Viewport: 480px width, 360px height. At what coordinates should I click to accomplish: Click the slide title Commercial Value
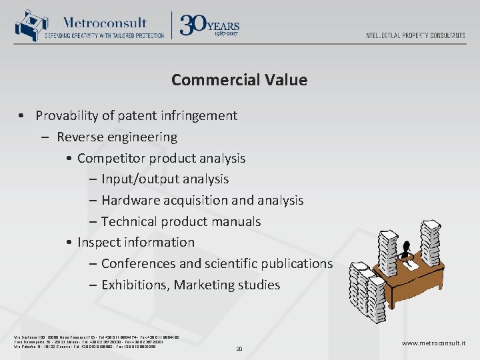pos(239,80)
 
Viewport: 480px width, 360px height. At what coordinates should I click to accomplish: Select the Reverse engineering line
pos(117,137)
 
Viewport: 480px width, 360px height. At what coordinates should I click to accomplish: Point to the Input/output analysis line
pos(165,179)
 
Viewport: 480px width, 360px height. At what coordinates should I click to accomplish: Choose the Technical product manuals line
pos(181,221)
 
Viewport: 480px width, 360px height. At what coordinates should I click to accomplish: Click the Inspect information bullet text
pos(136,242)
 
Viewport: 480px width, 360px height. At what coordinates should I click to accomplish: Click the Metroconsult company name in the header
pos(105,22)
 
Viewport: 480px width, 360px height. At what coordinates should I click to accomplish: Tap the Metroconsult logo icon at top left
pos(28,25)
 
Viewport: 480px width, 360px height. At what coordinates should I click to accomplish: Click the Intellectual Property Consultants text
pos(415,35)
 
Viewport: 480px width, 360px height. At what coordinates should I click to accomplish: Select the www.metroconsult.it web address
pos(434,343)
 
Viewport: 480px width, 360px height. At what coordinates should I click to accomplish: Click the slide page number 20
pos(239,347)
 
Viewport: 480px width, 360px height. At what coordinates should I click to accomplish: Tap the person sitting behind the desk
pos(406,249)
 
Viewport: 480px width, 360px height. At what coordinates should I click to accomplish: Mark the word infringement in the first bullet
pos(197,115)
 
